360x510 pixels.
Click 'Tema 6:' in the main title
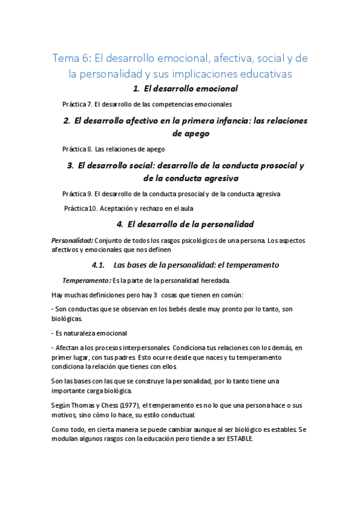pos(72,58)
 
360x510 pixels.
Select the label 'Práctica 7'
pos(76,104)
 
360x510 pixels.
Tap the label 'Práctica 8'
pos(76,149)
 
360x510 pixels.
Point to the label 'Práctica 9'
pos(76,194)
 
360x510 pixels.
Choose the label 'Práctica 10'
pos(81,209)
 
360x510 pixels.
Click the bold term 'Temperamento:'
pos(87,280)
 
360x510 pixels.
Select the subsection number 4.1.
pos(99,265)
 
